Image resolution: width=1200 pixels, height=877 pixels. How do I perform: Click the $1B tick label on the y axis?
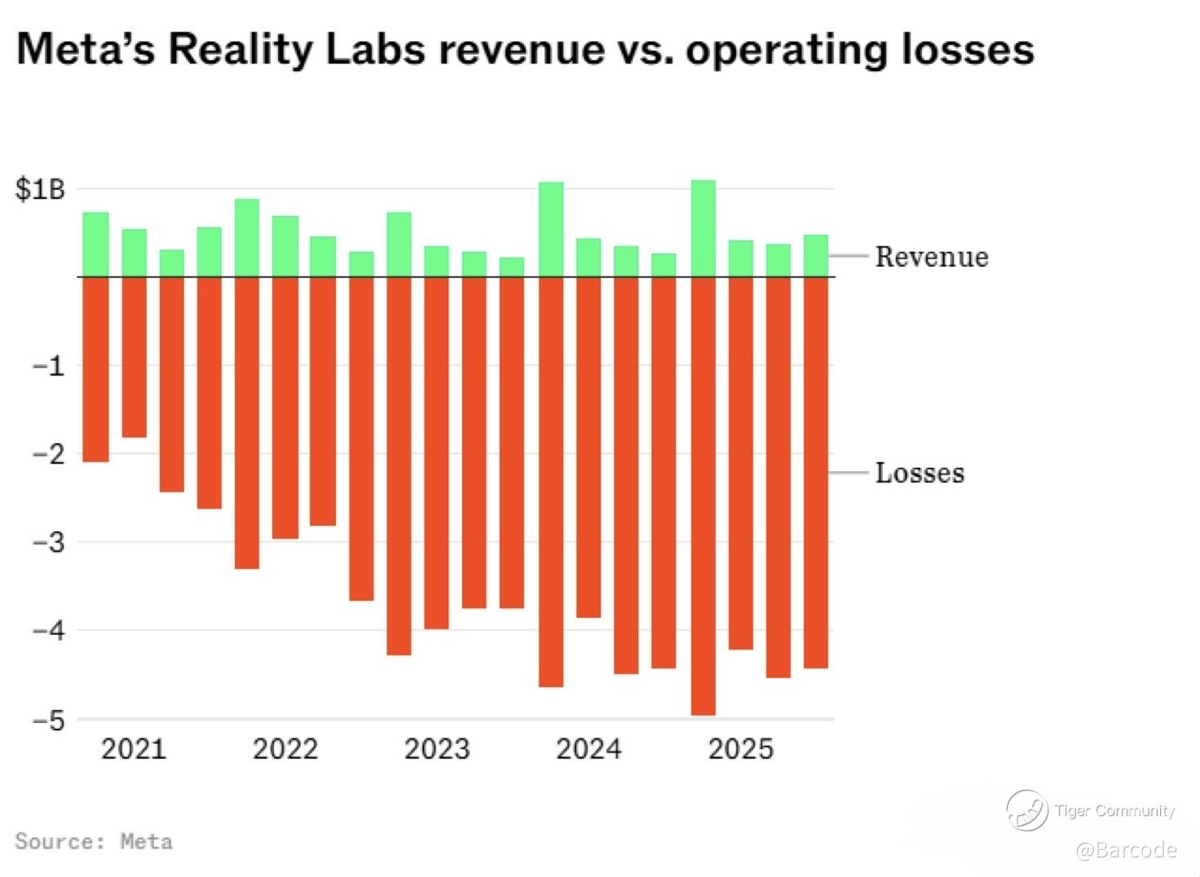[x=39, y=190]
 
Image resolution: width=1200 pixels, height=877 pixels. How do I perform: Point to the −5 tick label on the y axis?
[x=47, y=721]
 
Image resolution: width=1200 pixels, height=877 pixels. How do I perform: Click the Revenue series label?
[x=932, y=257]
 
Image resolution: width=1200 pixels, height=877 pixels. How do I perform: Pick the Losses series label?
[x=920, y=473]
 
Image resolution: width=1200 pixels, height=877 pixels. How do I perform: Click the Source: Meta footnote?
[x=94, y=841]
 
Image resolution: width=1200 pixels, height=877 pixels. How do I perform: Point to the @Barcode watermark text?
[x=1126, y=850]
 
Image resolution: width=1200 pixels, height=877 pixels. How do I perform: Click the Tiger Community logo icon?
[x=1026, y=810]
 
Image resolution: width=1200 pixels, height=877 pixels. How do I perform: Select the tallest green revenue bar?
[x=703, y=228]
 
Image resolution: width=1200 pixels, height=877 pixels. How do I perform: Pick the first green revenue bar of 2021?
[x=95, y=245]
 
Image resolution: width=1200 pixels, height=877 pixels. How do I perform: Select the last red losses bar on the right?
[x=816, y=473]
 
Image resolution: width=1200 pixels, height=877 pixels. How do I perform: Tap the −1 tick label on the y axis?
[x=47, y=366]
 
